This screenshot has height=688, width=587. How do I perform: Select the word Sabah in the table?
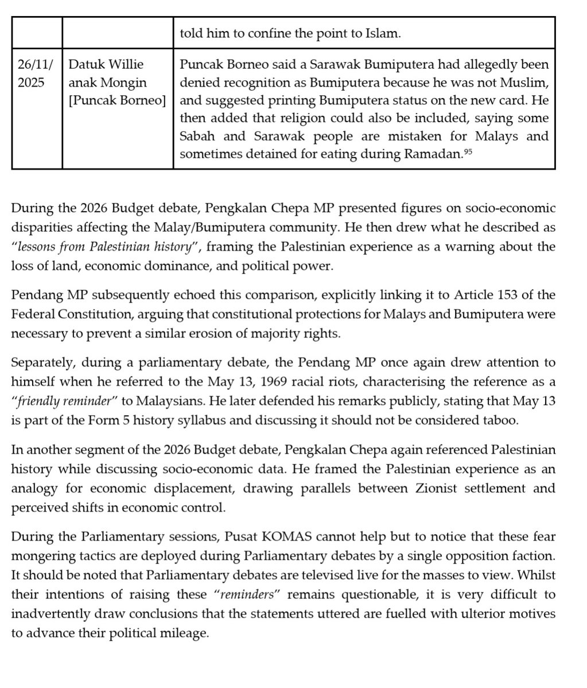click(x=198, y=137)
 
